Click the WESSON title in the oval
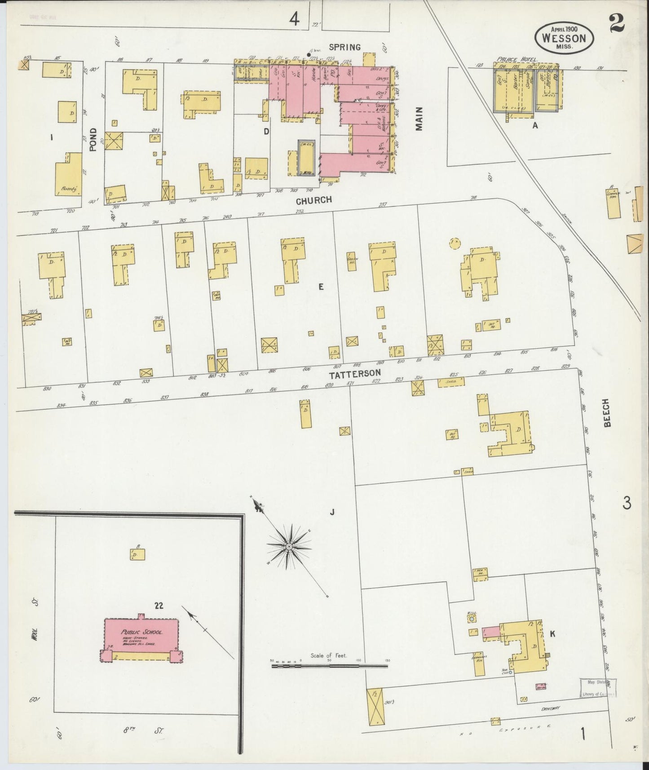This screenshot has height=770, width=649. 564,38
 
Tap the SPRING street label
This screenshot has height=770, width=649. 345,47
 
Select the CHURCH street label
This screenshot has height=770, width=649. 313,200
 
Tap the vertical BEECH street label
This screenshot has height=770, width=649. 607,412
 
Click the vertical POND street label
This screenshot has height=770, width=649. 93,140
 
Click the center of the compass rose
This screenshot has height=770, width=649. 289,546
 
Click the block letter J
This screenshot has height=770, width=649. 332,511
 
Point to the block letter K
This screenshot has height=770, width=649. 552,633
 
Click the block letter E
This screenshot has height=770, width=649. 321,287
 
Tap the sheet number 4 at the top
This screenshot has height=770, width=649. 294,19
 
